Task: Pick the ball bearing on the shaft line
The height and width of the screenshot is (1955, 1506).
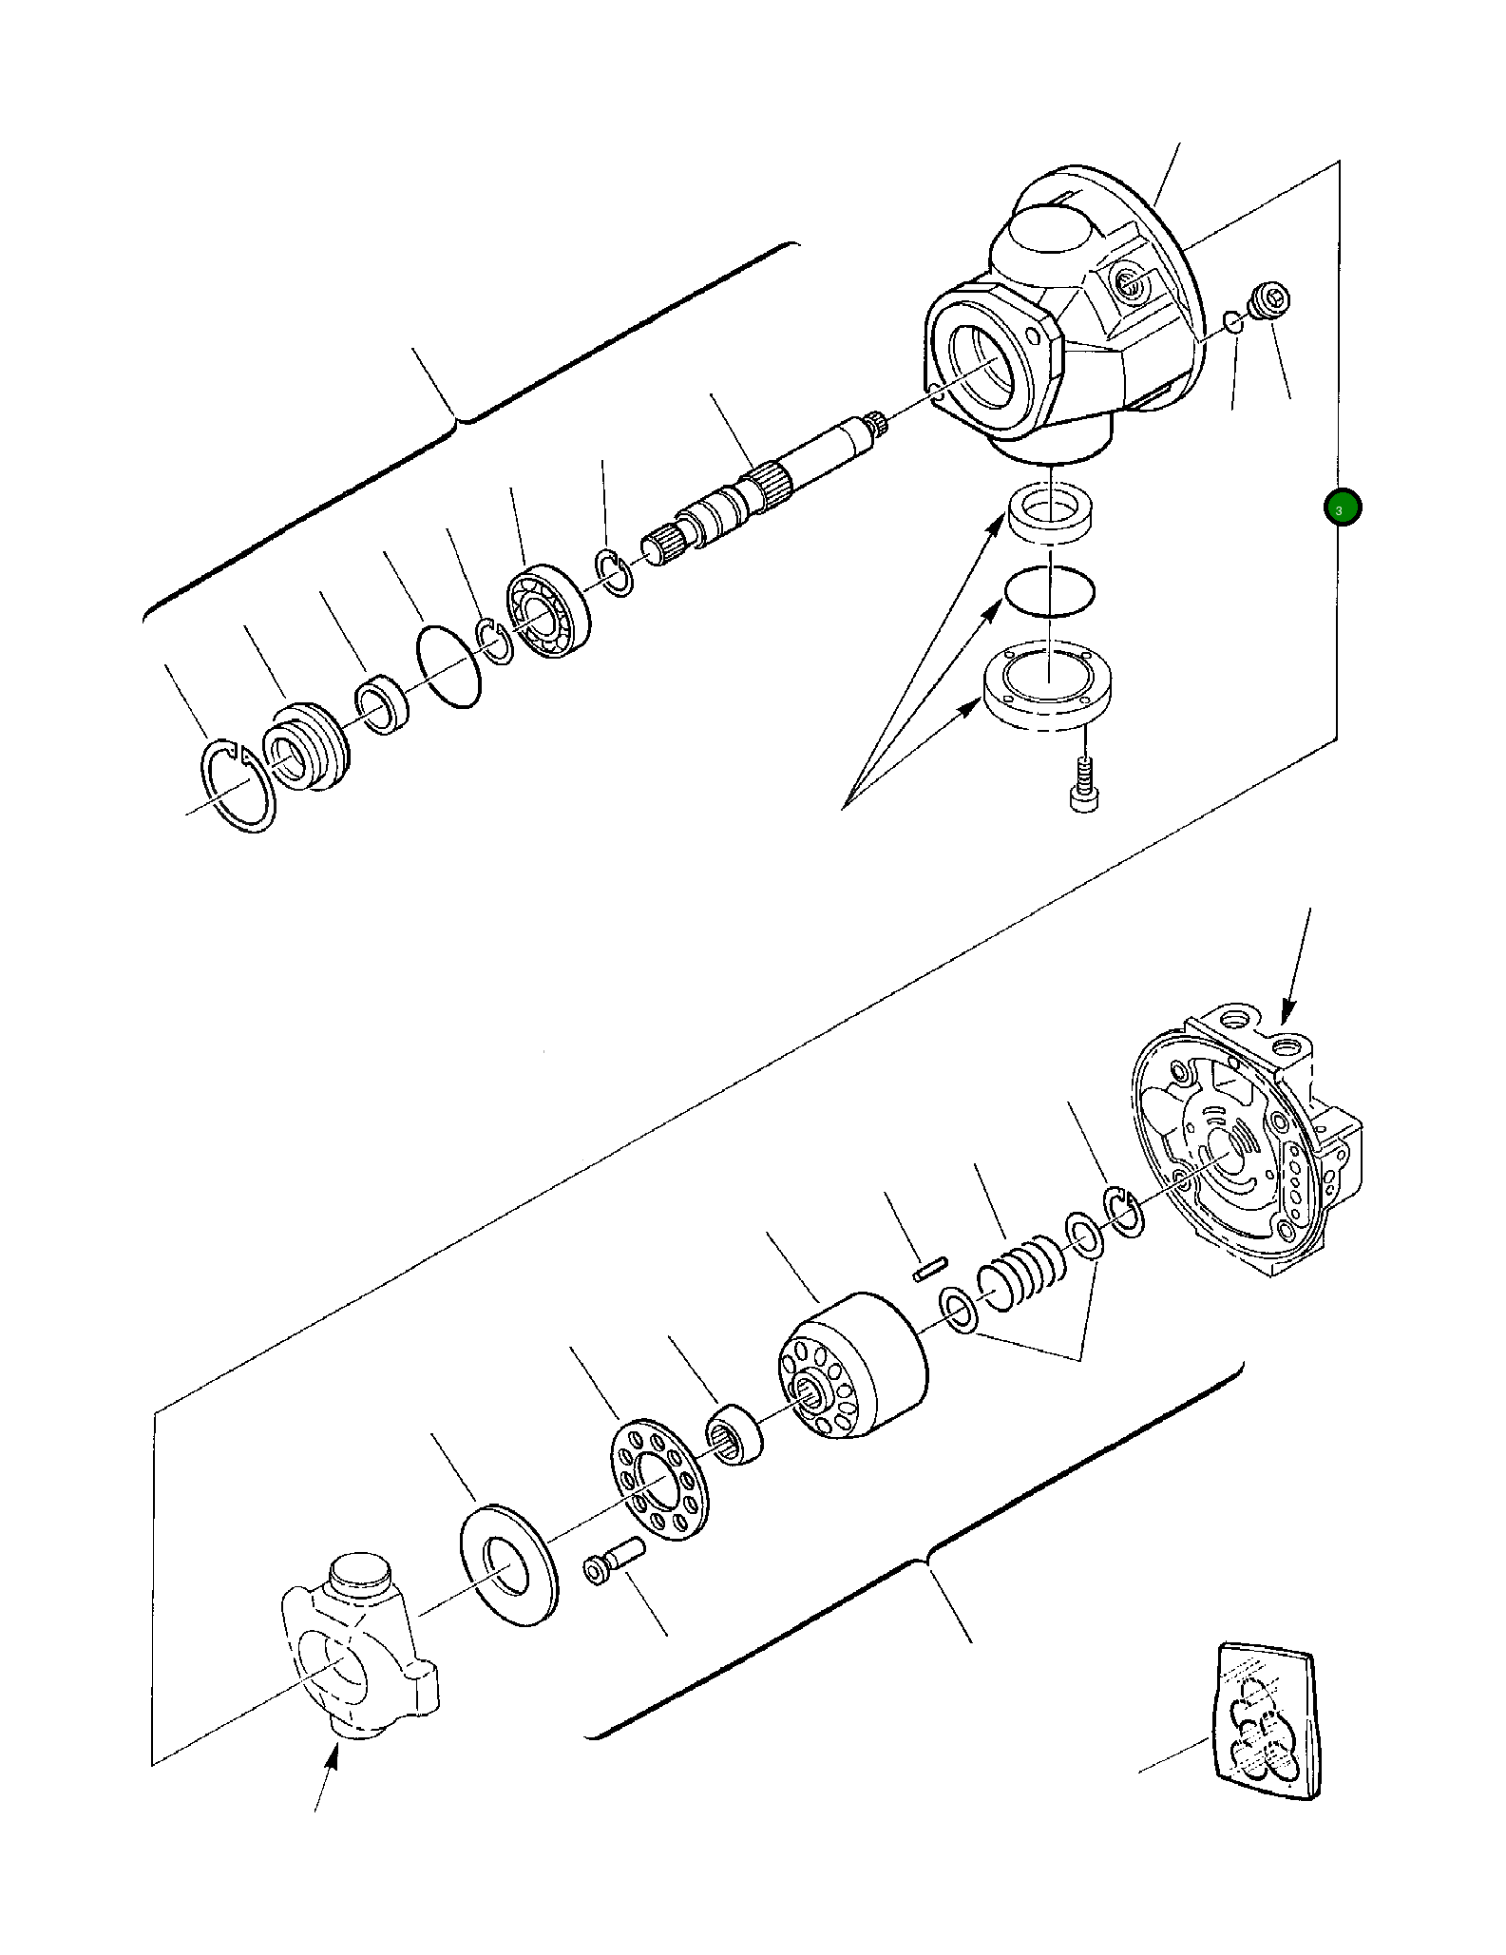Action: click(x=547, y=613)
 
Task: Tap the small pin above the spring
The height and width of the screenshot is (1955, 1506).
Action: click(x=930, y=1270)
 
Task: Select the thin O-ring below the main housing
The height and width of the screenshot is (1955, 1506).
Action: click(x=1049, y=593)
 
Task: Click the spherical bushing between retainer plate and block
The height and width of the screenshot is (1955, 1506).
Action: click(x=735, y=1434)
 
